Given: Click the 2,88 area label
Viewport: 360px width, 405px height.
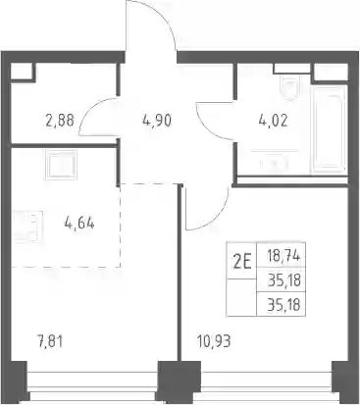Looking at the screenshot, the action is (60, 120).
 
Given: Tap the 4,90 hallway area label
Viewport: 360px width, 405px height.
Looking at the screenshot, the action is (157, 121).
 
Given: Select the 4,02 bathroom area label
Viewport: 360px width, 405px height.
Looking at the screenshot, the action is (273, 121).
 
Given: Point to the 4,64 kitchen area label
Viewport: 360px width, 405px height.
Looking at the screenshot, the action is (79, 224).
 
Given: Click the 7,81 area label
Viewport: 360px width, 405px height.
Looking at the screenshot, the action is (50, 342).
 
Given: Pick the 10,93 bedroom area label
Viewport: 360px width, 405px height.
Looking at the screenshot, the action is (214, 341).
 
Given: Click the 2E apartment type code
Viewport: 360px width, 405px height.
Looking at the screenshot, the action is (242, 262).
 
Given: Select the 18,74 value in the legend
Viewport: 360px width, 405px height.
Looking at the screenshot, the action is (283, 256).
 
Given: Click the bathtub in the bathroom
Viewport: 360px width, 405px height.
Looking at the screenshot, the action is (329, 129).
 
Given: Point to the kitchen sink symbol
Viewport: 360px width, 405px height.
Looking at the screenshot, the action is (61, 165).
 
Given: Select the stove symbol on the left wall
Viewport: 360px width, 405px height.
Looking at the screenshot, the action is (27, 227).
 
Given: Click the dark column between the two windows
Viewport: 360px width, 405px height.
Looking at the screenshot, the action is (180, 382).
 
